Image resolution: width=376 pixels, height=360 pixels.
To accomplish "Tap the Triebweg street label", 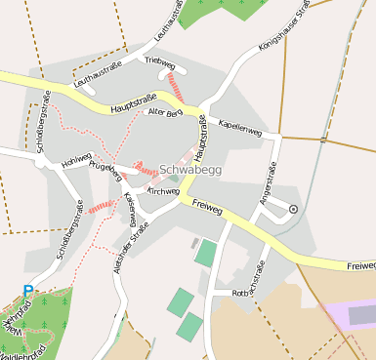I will (x=158, y=60).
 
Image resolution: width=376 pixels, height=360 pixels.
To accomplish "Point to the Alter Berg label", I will (x=164, y=114).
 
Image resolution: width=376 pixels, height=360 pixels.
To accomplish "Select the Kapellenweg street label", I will (x=240, y=127).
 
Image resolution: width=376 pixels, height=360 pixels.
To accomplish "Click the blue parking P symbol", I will (x=28, y=290).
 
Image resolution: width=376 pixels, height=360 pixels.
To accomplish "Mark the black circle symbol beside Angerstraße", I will (x=293, y=209).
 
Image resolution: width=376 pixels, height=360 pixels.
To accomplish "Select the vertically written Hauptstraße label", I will (x=204, y=142).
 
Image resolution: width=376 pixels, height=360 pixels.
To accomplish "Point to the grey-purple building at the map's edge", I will (x=361, y=314).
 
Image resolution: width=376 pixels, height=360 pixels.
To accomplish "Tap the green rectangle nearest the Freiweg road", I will (x=205, y=253).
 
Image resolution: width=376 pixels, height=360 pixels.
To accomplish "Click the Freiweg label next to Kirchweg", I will (x=208, y=206).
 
